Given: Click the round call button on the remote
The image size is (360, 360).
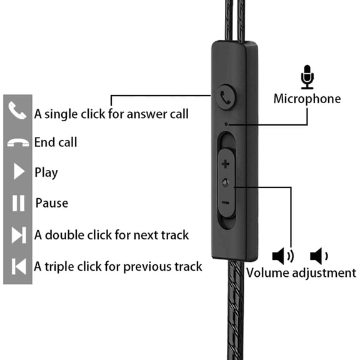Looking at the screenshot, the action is [226, 97].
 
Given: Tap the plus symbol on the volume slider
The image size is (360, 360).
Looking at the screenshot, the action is [226, 164].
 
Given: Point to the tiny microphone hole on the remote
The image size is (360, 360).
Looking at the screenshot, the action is [226, 124].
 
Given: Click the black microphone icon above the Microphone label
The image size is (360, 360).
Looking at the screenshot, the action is [307, 77].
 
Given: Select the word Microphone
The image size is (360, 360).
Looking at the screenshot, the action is [307, 99].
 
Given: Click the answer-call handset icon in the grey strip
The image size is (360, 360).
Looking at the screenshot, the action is [17, 111].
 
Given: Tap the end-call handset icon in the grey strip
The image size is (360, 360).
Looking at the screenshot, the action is [18, 142].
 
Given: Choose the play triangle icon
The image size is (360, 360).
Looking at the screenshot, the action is [19, 171].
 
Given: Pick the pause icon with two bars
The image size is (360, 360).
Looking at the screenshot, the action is [18, 203].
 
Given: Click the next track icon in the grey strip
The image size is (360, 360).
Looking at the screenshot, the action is [19, 235].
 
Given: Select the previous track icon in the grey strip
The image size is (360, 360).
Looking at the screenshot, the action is [19, 266].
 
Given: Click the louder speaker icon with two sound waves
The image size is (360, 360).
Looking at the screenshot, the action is [283, 256].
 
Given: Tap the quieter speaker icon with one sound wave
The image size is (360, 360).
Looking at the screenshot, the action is [319, 256].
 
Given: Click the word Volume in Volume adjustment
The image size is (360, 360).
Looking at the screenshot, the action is [267, 273].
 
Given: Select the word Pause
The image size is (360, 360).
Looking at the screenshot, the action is [52, 203].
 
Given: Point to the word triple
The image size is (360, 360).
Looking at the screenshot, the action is [59, 267].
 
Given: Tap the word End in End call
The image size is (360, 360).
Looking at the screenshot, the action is [44, 142].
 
